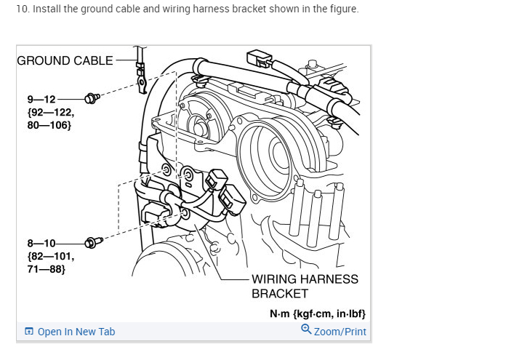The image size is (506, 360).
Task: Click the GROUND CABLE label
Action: click(65, 60)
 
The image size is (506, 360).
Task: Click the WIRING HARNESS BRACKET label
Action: click(305, 286)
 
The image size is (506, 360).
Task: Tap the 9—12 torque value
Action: click(41, 99)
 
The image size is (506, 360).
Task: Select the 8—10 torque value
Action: click(41, 243)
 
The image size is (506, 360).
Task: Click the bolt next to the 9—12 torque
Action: click(92, 97)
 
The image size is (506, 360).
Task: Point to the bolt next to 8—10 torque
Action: click(92, 241)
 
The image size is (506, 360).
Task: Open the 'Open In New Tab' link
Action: click(76, 332)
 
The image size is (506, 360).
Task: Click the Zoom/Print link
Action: click(340, 332)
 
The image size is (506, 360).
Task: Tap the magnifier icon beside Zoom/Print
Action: click(306, 329)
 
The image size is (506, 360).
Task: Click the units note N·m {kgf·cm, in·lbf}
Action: click(317, 313)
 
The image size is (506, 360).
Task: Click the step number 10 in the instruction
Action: click(21, 9)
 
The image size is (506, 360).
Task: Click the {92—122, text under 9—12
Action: click(50, 112)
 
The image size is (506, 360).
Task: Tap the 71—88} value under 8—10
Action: click(47, 269)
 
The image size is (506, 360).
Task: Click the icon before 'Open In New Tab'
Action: click(29, 332)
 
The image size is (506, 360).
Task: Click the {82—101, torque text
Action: click(50, 256)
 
